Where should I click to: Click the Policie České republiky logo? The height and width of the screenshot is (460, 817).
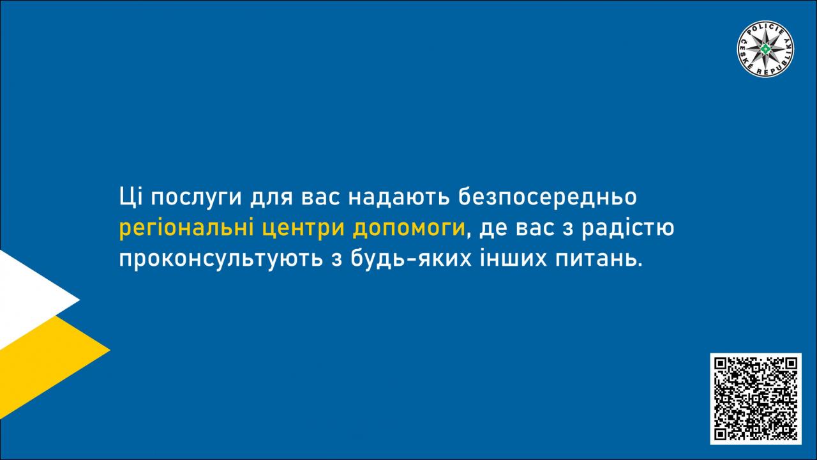pyautogui.click(x=765, y=49)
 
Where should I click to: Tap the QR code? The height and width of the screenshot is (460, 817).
pyautogui.click(x=756, y=399)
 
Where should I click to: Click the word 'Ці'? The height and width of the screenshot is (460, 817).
pyautogui.click(x=131, y=197)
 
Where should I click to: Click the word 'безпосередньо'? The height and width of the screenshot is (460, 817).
pyautogui.click(x=548, y=197)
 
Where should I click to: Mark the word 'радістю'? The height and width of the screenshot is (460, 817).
pyautogui.click(x=628, y=229)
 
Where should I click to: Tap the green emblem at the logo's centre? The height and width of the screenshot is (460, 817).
pyautogui.click(x=765, y=49)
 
